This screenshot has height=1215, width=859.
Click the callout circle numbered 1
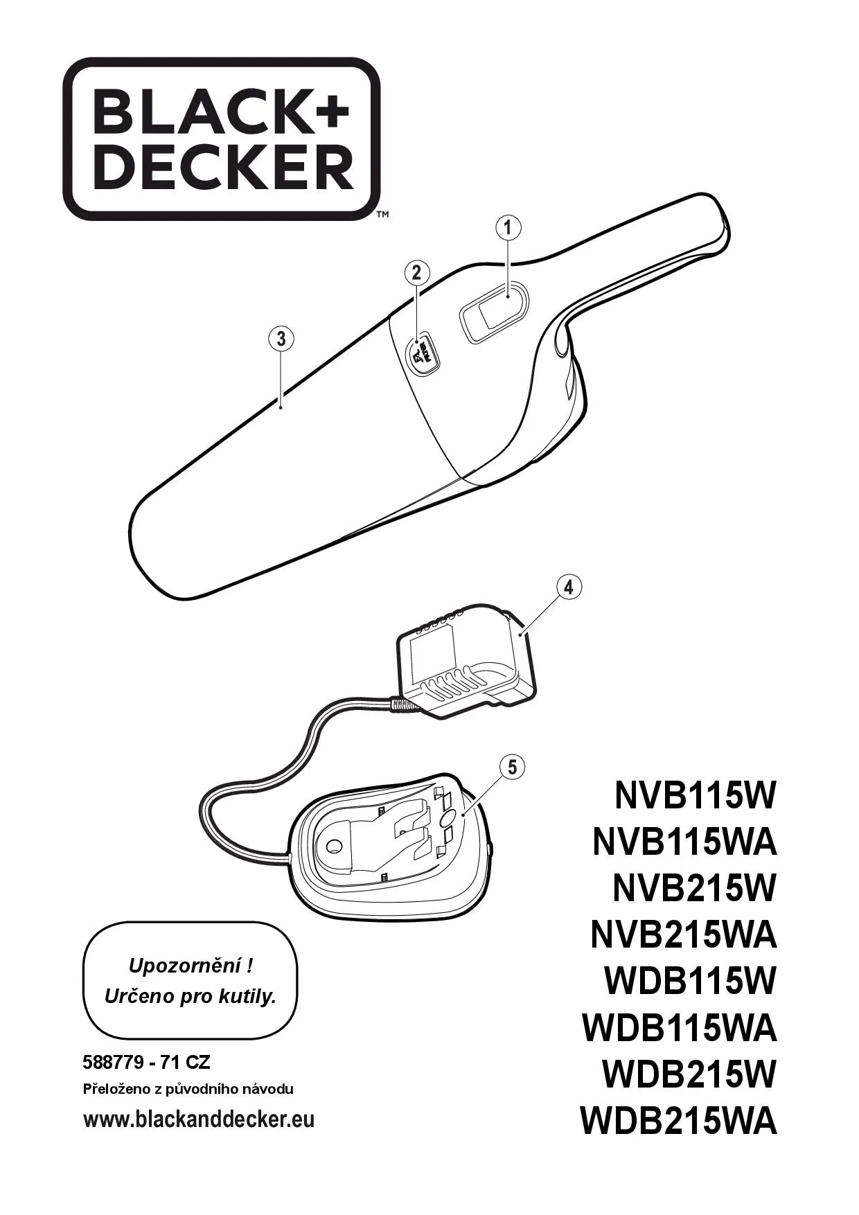coord(508,227)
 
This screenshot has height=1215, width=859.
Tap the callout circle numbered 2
coord(416,272)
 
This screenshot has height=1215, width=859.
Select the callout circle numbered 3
coord(281,339)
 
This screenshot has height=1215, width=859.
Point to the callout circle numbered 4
coord(569,587)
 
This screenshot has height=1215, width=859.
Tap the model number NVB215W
coord(695,887)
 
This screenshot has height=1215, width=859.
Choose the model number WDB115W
coord(690,981)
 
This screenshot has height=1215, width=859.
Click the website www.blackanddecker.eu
coord(199,1119)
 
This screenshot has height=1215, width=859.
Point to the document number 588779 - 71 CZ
coord(146,1062)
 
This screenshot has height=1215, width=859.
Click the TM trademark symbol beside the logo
coord(382,215)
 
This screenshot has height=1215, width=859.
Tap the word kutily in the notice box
coord(247,997)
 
